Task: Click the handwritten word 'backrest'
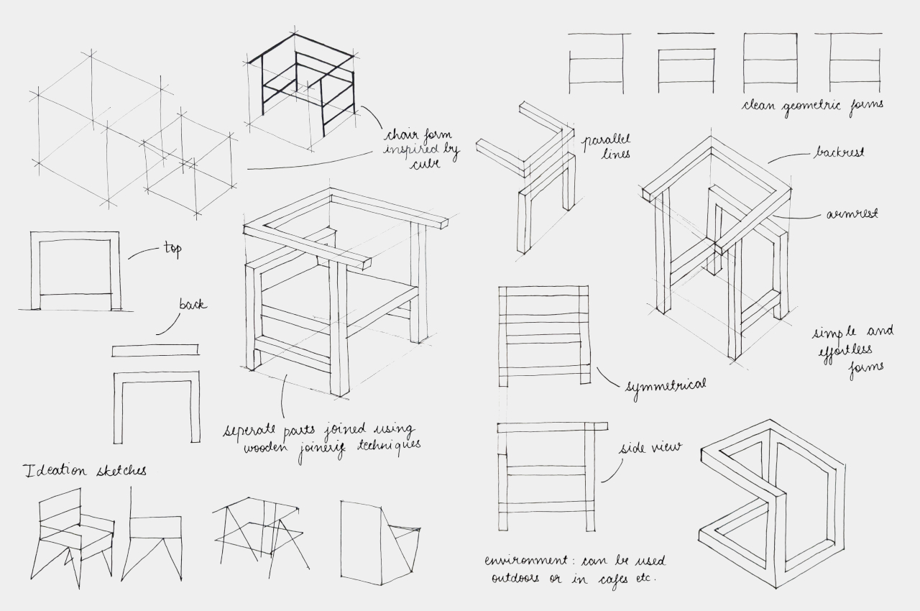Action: pos(839,153)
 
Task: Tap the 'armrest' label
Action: pos(852,213)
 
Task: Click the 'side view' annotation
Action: pos(650,449)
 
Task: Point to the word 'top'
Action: pos(172,249)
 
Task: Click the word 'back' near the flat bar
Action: pos(193,305)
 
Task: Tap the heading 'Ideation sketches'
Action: pos(85,471)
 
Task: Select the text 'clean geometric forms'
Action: pos(813,105)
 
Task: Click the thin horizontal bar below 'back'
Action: pos(155,350)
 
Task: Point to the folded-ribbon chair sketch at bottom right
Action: pos(773,503)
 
